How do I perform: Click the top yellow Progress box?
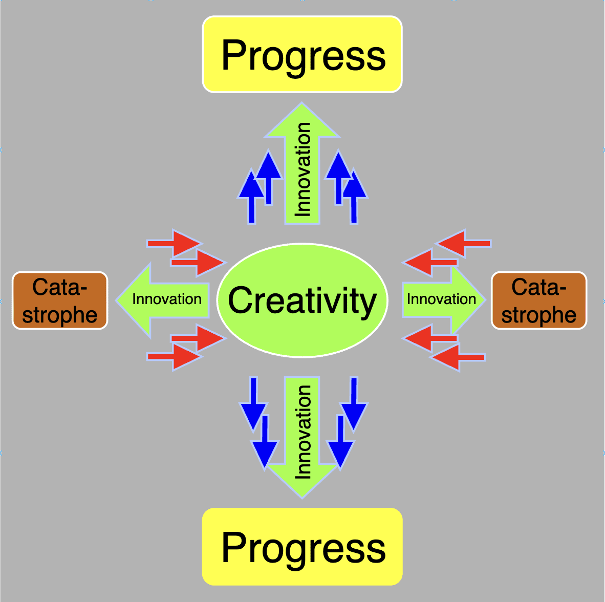click(x=302, y=54)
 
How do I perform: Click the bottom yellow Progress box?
click(x=302, y=546)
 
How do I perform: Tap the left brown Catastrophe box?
click(x=60, y=300)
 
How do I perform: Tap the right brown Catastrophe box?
click(x=538, y=300)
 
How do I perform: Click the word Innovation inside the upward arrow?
click(x=303, y=169)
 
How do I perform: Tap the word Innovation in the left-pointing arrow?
click(x=167, y=299)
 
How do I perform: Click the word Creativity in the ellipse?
click(x=302, y=300)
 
